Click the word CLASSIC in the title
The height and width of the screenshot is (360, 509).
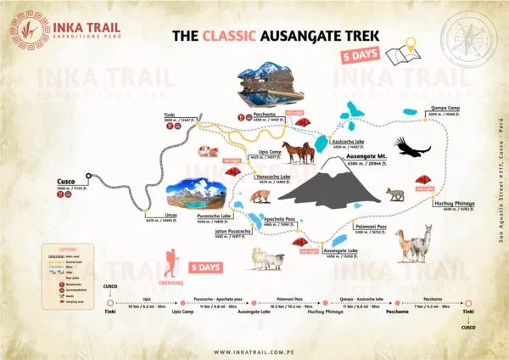click(226, 37)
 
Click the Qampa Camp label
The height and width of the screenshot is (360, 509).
click(445, 108)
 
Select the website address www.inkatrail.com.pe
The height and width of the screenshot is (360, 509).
click(255, 352)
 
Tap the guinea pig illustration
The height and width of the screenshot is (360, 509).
click(205, 153)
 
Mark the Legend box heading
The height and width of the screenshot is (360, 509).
click(53, 248)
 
